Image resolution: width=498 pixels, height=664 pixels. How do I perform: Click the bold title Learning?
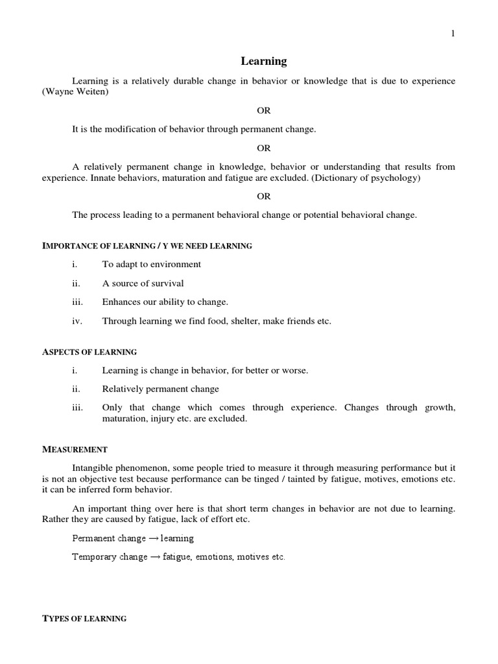pos(263,62)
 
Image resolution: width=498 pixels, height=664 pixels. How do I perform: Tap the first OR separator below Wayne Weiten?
pos(263,111)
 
